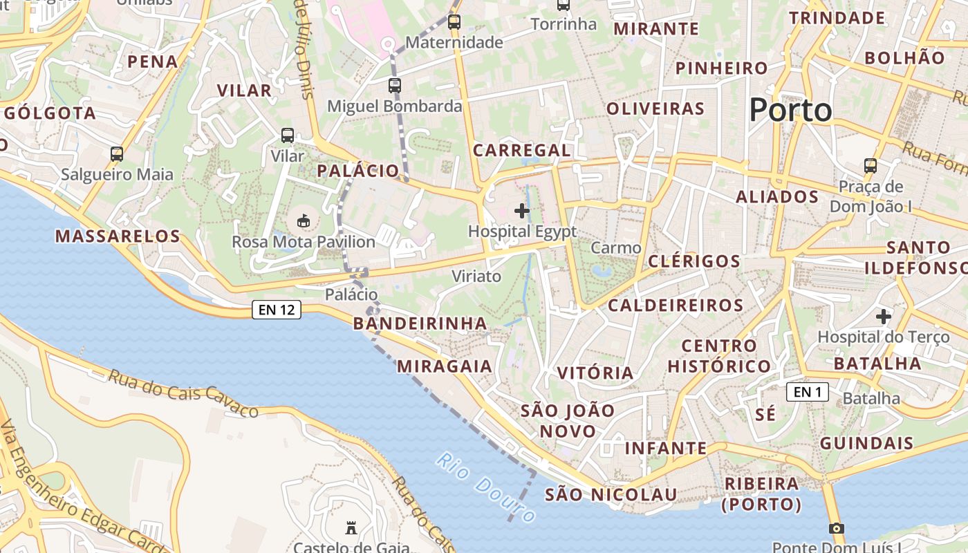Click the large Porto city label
point(791,110)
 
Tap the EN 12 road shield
point(277,310)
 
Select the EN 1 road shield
point(807,393)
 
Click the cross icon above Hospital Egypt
point(522,210)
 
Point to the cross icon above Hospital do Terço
point(883,317)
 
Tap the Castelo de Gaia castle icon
point(351,529)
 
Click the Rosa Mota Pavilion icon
point(303,221)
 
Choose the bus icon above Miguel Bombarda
point(394,86)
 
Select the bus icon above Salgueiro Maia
point(117,153)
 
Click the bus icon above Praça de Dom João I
point(871,166)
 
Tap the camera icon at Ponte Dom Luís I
point(836,529)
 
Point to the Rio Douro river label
point(486,487)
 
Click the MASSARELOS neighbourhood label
point(118,236)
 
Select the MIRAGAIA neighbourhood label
point(445,366)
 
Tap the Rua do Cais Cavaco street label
point(183,393)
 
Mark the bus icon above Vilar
point(288,135)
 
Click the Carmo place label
point(616,247)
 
